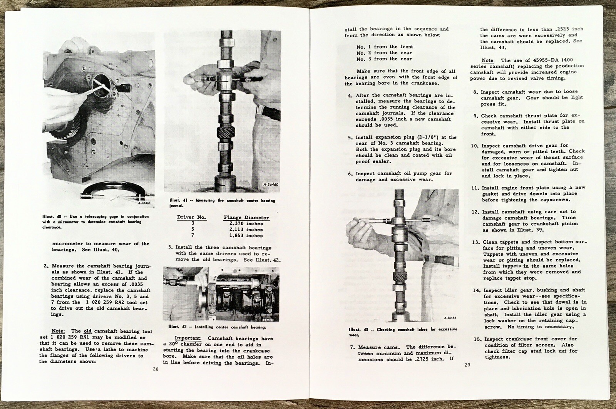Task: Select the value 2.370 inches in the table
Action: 243,224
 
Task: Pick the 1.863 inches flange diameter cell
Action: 243,236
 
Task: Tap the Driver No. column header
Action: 192,217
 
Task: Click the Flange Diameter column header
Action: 246,218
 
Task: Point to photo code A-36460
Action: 271,184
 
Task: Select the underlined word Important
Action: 187,338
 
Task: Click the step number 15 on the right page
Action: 475,339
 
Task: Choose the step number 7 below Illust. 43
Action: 352,347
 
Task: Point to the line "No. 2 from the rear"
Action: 384,53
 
